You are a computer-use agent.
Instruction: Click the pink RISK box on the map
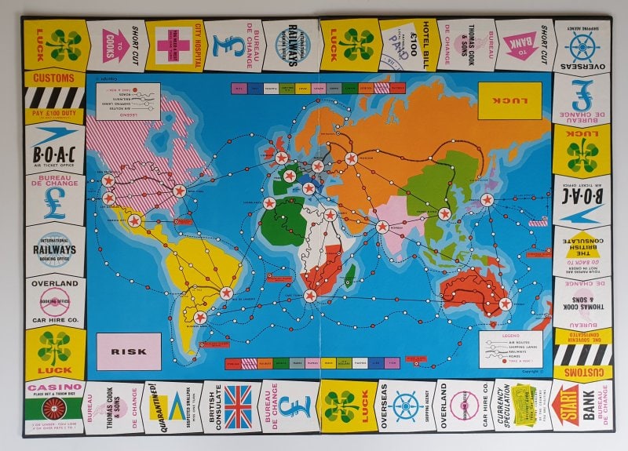click(129, 351)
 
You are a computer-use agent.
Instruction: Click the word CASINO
click(54, 387)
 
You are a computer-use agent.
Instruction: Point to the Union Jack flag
click(237, 406)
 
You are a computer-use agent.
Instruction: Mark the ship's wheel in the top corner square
click(582, 47)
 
